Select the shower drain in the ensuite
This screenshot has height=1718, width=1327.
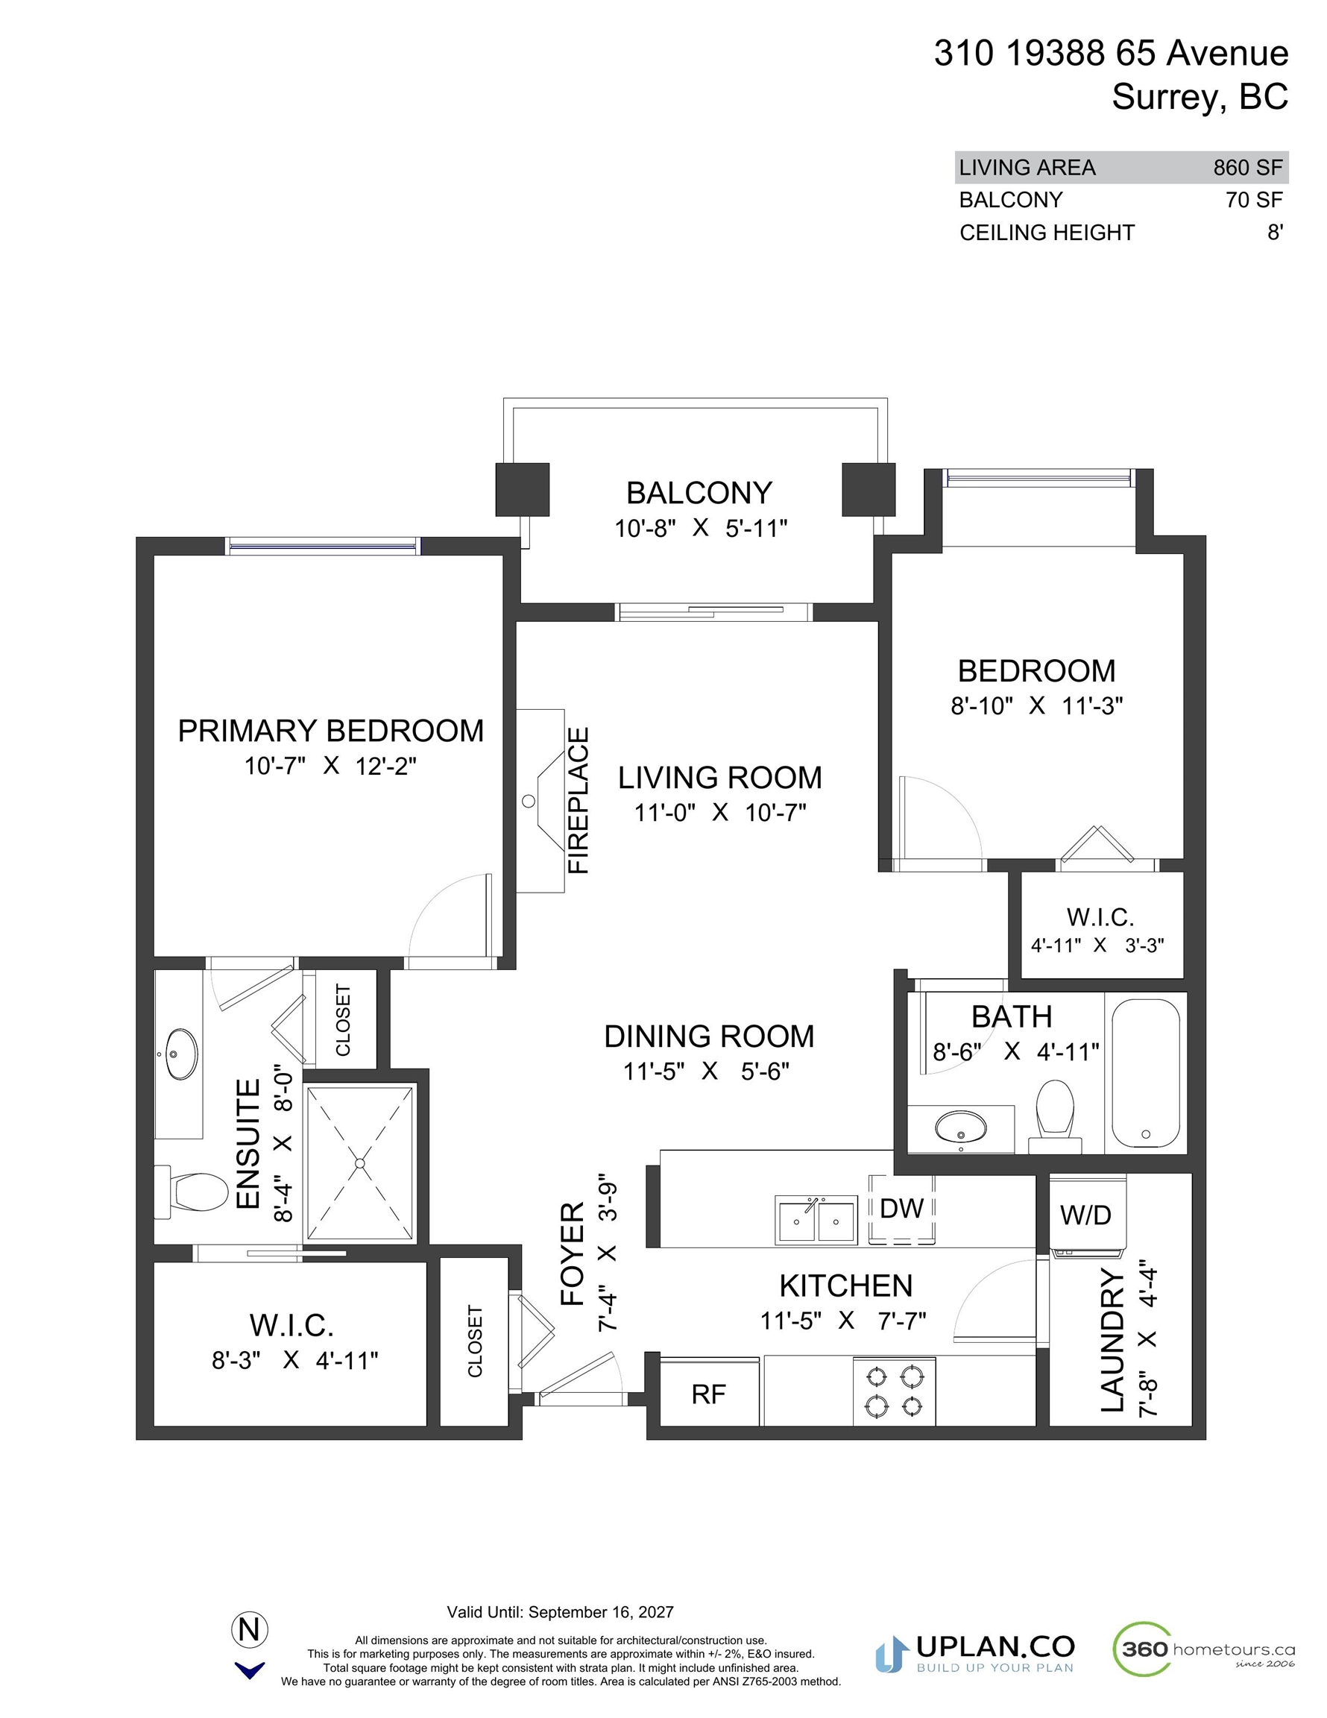pyautogui.click(x=359, y=1162)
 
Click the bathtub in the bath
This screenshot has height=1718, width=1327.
pyautogui.click(x=1145, y=1073)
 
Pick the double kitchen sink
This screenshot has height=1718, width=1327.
pyautogui.click(x=816, y=1220)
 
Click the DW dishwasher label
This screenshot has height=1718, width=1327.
pyautogui.click(x=901, y=1208)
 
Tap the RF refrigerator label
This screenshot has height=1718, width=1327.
pyautogui.click(x=708, y=1394)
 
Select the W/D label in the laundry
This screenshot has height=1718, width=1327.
pyautogui.click(x=1085, y=1215)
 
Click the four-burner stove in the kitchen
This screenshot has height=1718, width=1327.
pyautogui.click(x=895, y=1391)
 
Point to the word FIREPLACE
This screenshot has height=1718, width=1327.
pyautogui.click(x=579, y=800)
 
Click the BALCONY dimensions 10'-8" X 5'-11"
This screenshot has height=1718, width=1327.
pyautogui.click(x=700, y=528)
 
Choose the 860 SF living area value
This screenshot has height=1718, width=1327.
pyautogui.click(x=1247, y=168)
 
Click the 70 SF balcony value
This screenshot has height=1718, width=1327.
pyautogui.click(x=1254, y=200)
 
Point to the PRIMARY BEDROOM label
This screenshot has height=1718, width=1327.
pyautogui.click(x=330, y=731)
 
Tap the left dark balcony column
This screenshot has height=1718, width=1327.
pyautogui.click(x=523, y=489)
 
